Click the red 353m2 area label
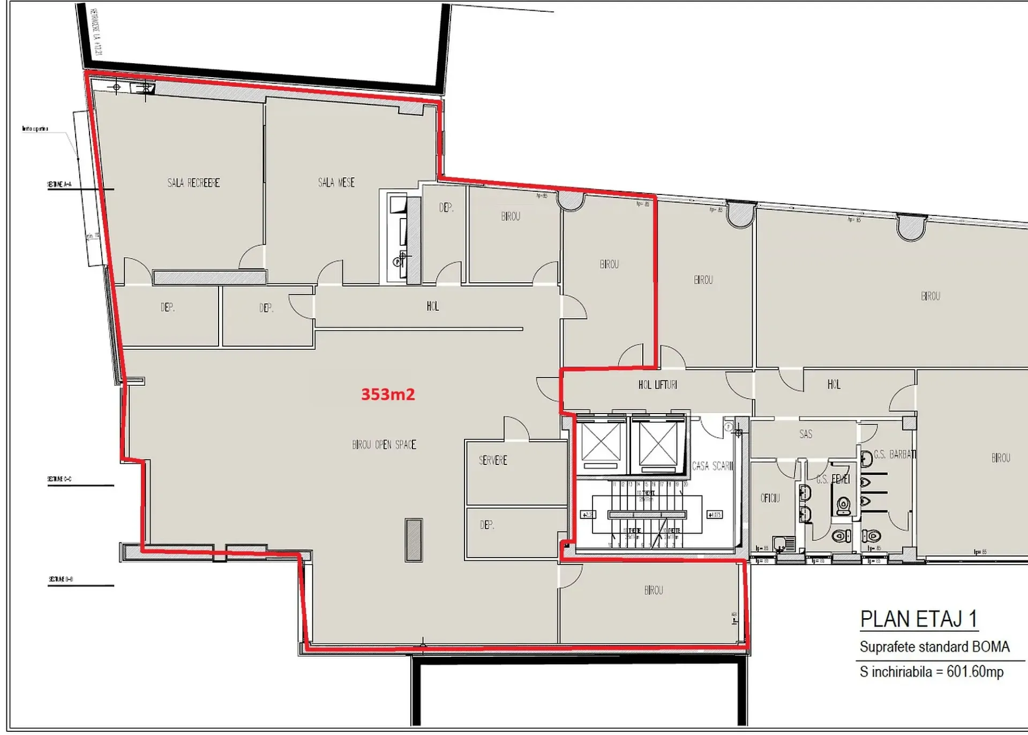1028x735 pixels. click(387, 394)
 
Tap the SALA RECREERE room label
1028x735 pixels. click(193, 183)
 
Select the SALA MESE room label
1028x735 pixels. click(336, 183)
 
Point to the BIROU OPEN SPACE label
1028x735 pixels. click(384, 445)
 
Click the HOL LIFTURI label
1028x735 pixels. click(657, 385)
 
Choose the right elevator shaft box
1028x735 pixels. click(657, 444)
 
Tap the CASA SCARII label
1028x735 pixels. click(712, 466)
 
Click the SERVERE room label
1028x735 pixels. click(492, 460)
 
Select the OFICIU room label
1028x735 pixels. click(770, 498)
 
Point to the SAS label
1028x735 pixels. click(805, 434)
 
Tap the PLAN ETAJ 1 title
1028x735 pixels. click(918, 619)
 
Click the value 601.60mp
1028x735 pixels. click(974, 671)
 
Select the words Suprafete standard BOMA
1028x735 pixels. click(934, 647)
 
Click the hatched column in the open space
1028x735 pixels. click(414, 539)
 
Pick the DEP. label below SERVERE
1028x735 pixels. click(486, 525)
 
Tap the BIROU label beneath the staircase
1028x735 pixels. click(653, 590)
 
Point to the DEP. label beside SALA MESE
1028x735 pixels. click(446, 207)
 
